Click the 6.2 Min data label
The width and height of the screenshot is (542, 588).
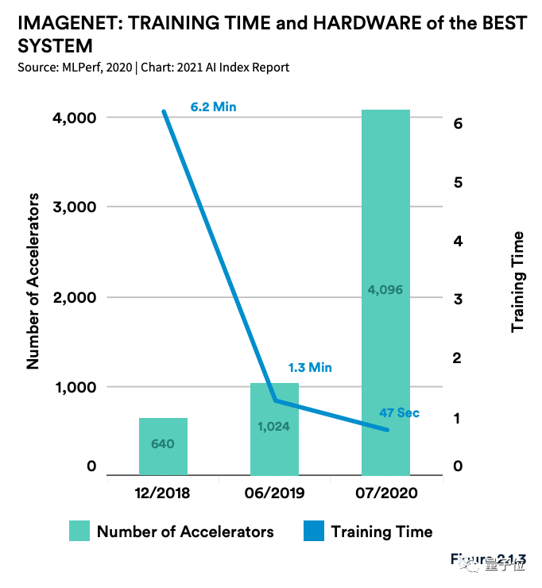point(213,106)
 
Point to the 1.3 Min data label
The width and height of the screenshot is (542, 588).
point(308,367)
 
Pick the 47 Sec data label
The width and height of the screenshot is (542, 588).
point(399,412)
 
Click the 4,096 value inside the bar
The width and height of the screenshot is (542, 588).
point(385,290)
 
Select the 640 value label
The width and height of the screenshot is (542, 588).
point(163,443)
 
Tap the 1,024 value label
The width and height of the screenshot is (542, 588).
point(273,426)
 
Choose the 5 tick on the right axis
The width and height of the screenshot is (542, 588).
point(458,182)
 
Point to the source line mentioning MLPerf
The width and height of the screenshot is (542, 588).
point(153,68)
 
